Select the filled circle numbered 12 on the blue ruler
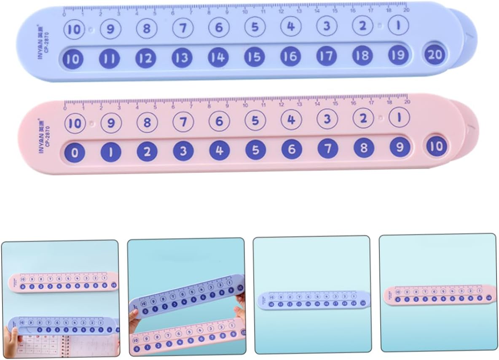(145, 59)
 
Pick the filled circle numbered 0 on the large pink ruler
(75, 152)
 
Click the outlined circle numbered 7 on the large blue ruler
(183, 29)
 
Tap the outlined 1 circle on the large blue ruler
(398, 26)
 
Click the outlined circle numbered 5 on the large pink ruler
(255, 121)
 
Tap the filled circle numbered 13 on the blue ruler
(182, 58)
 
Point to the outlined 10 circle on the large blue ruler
(74, 30)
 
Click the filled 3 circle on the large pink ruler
(183, 151)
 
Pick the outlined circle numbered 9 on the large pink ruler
(111, 123)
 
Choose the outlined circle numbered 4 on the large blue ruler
(291, 27)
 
